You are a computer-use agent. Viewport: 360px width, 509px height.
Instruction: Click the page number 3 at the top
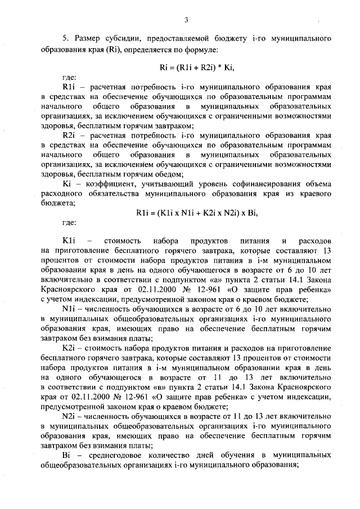point(185,21)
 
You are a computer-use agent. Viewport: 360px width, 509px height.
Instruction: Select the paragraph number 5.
point(65,38)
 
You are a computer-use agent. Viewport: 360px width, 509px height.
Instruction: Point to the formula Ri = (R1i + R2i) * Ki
point(196,67)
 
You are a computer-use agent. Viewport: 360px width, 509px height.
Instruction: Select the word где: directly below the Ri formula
point(69,78)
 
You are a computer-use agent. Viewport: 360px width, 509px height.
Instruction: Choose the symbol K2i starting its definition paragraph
point(69,347)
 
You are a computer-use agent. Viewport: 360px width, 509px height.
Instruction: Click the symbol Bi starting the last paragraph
point(66,453)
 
